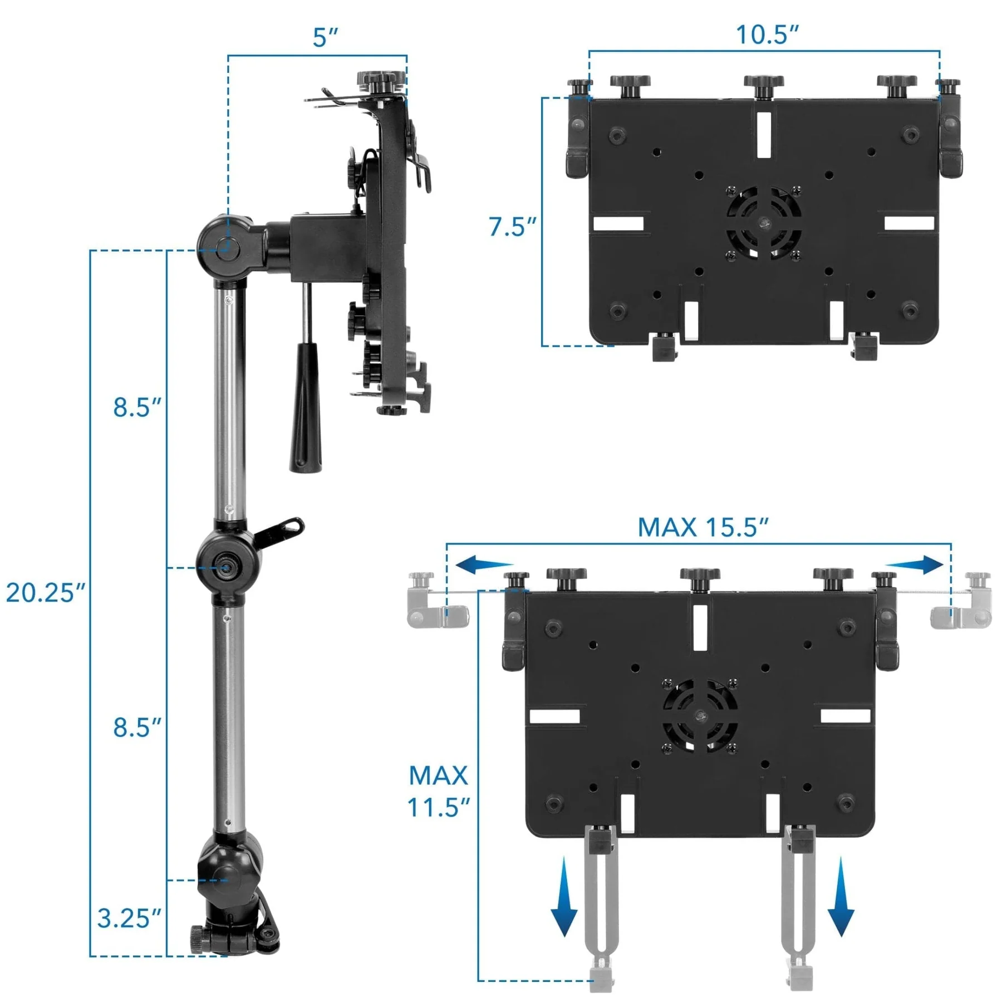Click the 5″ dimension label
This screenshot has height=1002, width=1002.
click(x=325, y=37)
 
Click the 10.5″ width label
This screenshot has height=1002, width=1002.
click(x=767, y=35)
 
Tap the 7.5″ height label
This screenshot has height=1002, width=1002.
click(x=512, y=227)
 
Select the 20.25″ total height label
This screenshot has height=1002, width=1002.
click(x=46, y=592)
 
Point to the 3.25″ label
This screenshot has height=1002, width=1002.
click(x=129, y=918)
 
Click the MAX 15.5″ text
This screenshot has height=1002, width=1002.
click(x=703, y=527)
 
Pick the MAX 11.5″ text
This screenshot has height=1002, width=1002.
click(x=438, y=791)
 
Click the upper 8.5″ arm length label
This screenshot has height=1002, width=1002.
click(x=137, y=407)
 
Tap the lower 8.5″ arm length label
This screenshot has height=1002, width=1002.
click(x=137, y=728)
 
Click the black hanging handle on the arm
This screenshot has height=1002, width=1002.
click(x=305, y=406)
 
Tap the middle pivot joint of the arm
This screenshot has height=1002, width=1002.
click(x=227, y=568)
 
